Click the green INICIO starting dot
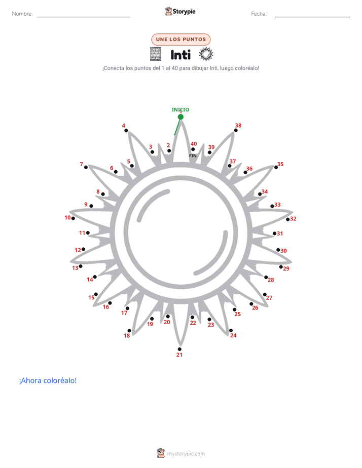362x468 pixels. pos(180,117)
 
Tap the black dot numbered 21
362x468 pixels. pos(179,349)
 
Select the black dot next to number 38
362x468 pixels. pos(236,131)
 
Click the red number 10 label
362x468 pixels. pos(67,218)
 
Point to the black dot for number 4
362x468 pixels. pos(126,131)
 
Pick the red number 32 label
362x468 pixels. pos(294,219)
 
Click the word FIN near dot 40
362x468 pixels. pos(193,156)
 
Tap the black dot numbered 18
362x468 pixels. pos(129,331)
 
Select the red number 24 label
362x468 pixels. pos(233,335)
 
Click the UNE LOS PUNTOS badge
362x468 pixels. pos(181,40)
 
